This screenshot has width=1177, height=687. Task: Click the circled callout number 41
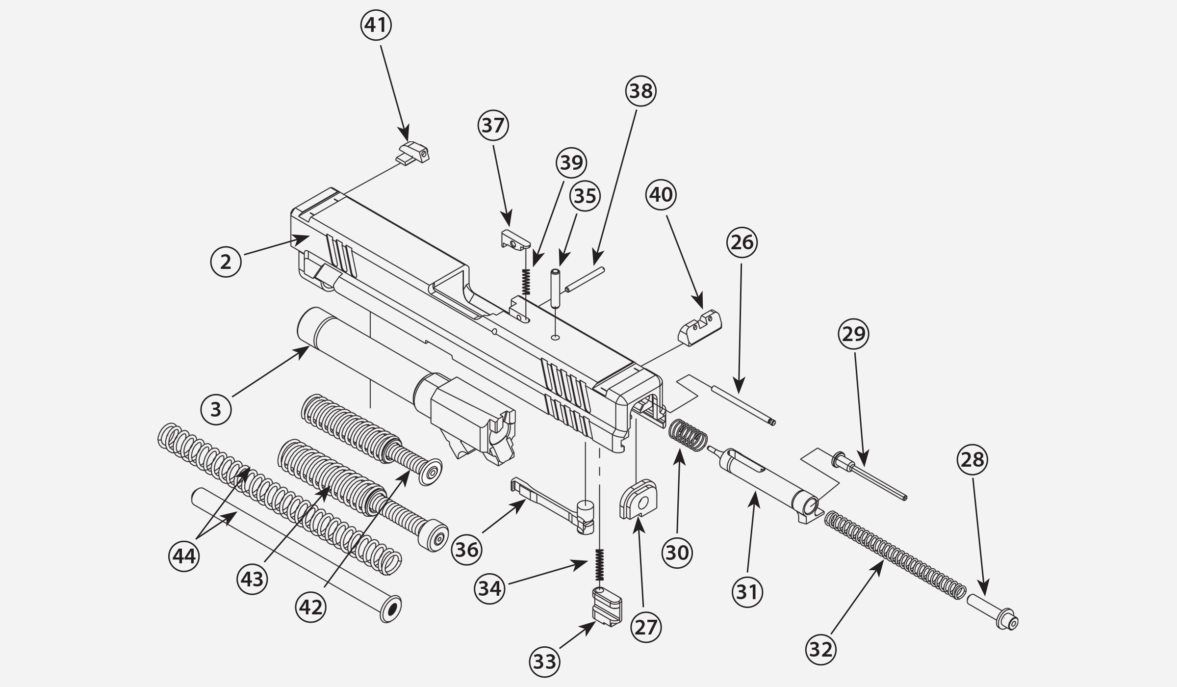376,25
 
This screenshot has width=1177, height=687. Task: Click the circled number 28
972,460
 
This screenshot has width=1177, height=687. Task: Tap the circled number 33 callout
544,662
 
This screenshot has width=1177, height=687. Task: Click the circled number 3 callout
216,409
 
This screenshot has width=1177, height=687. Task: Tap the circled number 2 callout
226,262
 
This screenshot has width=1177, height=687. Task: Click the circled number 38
640,91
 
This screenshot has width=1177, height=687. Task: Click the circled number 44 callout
184,556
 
